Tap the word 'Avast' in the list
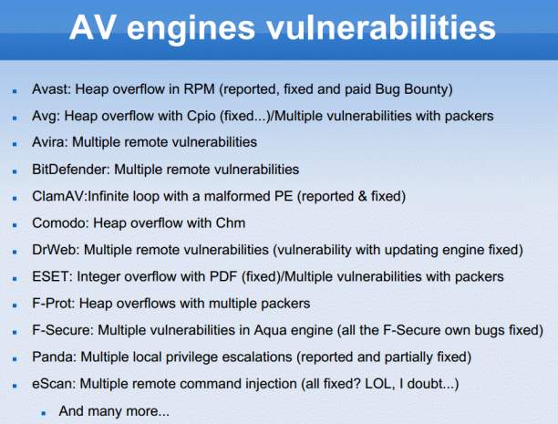click(51, 89)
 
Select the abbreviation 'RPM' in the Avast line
click(200, 89)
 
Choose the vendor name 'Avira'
click(50, 142)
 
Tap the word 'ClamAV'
click(58, 196)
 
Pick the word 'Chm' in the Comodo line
click(231, 223)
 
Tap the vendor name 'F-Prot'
click(54, 304)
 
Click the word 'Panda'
click(54, 357)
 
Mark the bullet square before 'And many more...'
click(44, 413)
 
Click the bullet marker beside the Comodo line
click(15, 225)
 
